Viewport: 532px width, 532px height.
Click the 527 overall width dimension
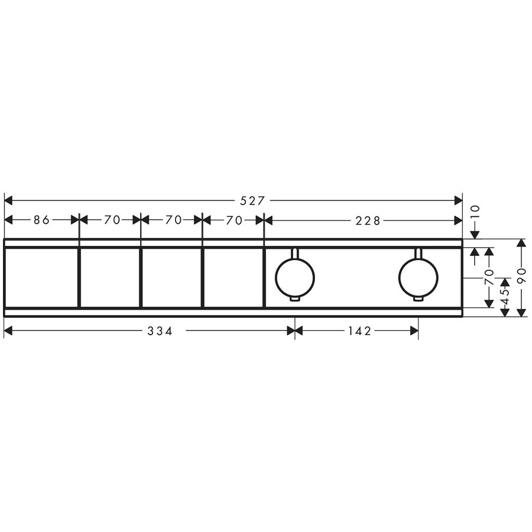[x=252, y=201]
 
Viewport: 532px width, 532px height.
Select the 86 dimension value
[x=42, y=220]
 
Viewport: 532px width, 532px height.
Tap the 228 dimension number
[x=368, y=221]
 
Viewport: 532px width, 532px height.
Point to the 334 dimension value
[x=160, y=331]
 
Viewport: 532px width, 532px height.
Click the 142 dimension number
[x=359, y=331]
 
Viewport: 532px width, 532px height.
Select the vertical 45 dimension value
[x=505, y=297]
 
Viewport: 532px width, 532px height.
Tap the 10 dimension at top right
[x=475, y=211]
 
